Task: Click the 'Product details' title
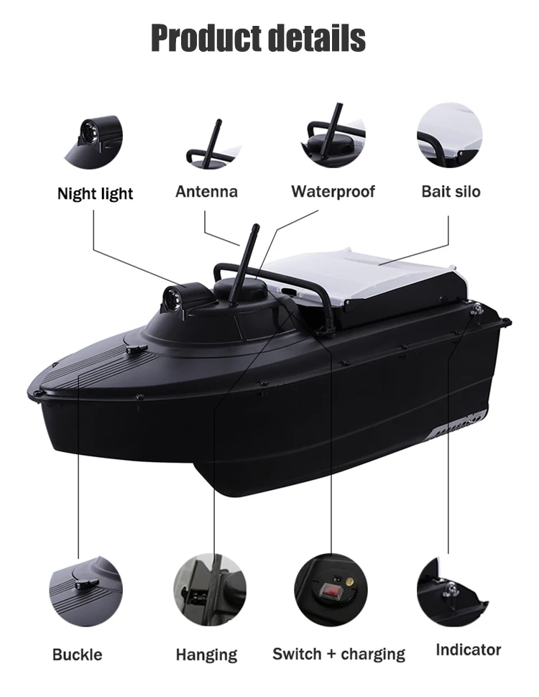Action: coord(259,38)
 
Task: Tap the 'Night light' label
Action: coord(95,193)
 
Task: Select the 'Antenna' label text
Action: coord(206,192)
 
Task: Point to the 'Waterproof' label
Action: coord(333,192)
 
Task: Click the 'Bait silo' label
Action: coord(451,192)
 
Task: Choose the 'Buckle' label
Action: coord(77,655)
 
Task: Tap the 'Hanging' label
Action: coord(206,655)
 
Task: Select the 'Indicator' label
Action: coord(469,650)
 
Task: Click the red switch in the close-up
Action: coord(330,591)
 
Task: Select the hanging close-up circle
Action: coord(209,589)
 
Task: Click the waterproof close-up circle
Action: coord(333,135)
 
